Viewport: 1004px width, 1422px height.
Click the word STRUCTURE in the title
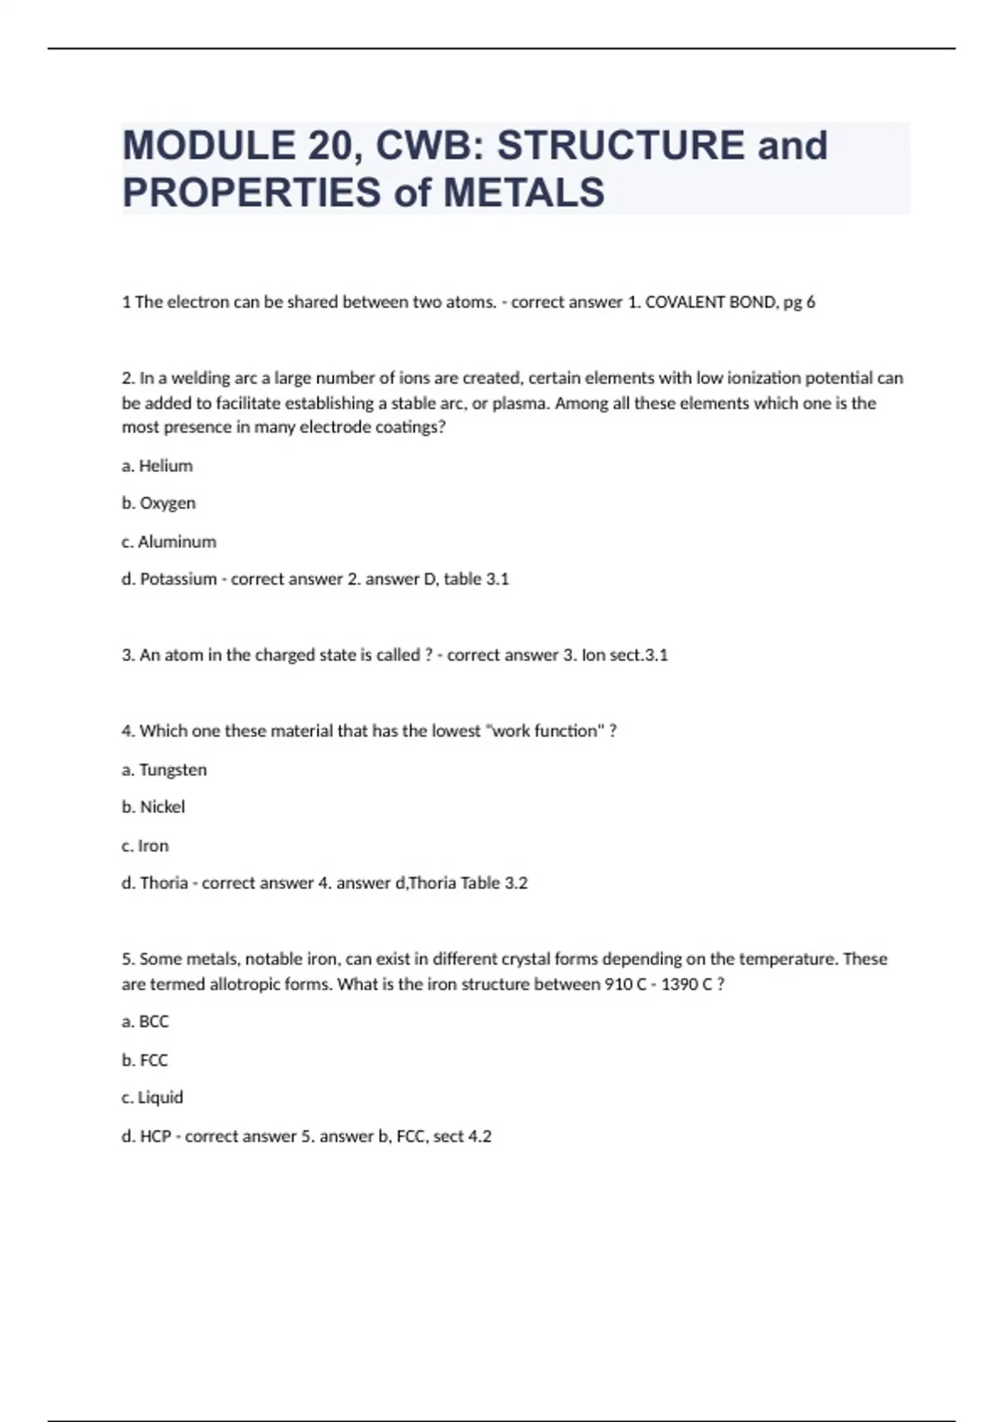(x=620, y=146)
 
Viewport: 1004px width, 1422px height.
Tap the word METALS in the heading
(x=524, y=192)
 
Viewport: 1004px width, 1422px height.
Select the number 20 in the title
(x=334, y=146)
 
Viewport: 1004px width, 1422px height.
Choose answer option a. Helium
(x=157, y=466)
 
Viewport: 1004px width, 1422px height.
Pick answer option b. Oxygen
(x=159, y=504)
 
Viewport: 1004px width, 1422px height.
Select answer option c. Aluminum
(x=169, y=542)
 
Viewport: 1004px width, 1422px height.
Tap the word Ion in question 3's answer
(x=593, y=655)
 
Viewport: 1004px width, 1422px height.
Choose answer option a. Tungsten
(x=164, y=770)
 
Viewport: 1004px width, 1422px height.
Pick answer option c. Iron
(x=146, y=846)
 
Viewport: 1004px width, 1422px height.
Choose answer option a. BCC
(x=146, y=1021)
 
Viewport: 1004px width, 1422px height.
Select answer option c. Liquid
(x=152, y=1097)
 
